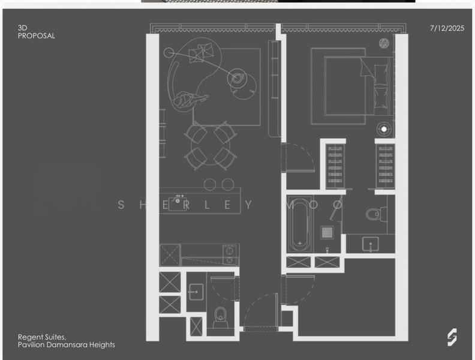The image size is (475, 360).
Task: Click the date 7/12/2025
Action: tap(447, 28)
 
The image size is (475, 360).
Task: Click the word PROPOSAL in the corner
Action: tap(37, 36)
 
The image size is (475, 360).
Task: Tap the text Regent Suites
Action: tap(42, 337)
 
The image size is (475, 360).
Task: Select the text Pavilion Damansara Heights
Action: tap(67, 345)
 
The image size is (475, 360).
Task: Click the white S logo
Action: tap(452, 337)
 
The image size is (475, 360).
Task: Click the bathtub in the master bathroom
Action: tap(300, 224)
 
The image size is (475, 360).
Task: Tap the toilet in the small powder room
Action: tap(220, 317)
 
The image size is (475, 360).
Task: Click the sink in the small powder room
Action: tap(196, 292)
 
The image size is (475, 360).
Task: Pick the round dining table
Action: tap(211, 145)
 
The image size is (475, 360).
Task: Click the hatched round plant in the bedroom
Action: tap(384, 43)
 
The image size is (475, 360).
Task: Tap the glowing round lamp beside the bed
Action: tap(384, 130)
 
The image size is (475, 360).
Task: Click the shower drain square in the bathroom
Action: tap(327, 233)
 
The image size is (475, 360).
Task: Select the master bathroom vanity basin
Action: tap(370, 244)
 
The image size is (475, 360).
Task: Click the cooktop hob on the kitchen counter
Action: tap(230, 255)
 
